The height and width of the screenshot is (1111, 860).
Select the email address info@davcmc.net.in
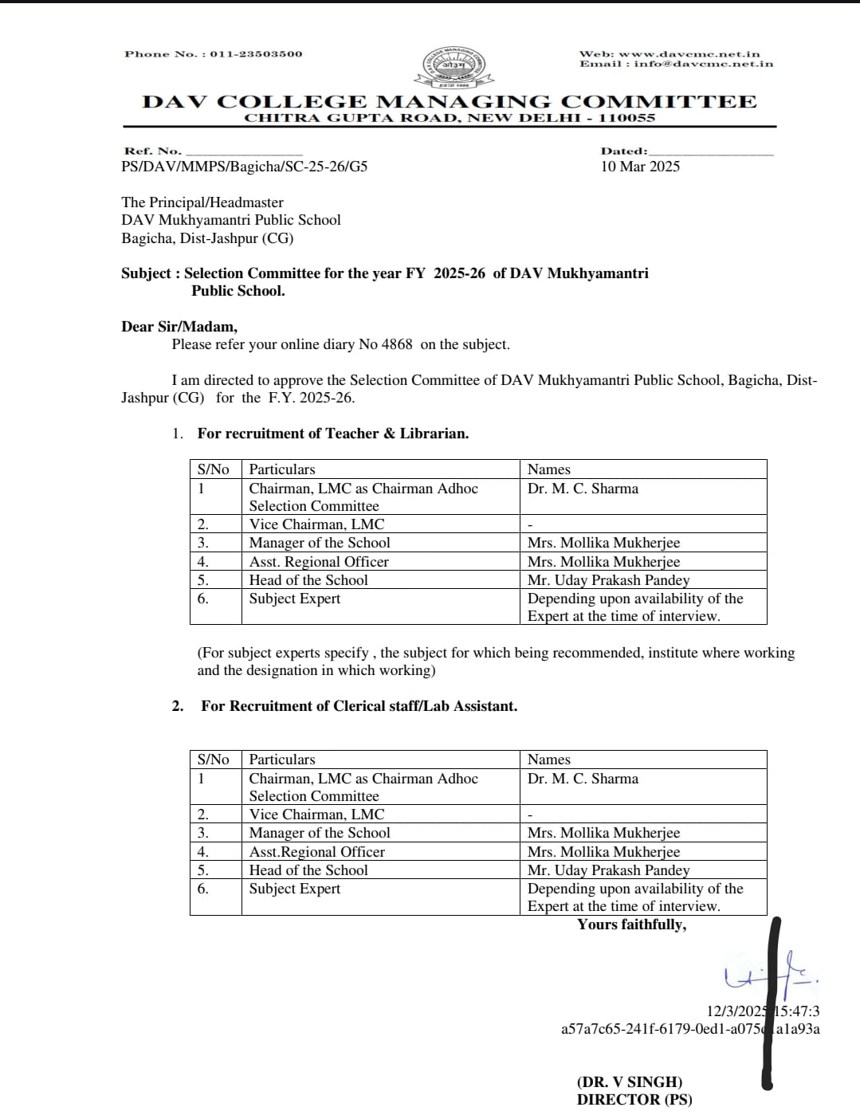point(704,64)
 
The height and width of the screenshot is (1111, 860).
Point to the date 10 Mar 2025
point(640,167)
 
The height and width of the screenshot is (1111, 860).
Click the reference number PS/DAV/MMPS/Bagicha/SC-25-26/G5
point(244,167)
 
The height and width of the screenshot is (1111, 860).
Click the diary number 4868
point(397,344)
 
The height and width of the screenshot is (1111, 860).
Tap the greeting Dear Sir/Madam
point(179,327)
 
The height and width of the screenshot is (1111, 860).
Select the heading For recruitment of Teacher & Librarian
point(332,434)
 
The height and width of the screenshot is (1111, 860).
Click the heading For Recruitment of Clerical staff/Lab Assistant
point(359,706)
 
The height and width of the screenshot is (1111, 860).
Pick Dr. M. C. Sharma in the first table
point(583,489)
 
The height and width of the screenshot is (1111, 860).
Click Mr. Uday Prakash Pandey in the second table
point(608,870)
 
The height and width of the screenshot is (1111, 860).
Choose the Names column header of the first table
point(549,469)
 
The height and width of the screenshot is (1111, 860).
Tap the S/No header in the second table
point(213,760)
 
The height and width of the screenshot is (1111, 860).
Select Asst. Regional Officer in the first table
point(319,562)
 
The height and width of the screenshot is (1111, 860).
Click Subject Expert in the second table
point(294,889)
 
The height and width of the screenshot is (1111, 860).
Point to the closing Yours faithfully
point(631,925)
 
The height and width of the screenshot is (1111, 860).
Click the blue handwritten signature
point(769,976)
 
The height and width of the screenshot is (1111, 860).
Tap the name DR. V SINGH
point(630,1082)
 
